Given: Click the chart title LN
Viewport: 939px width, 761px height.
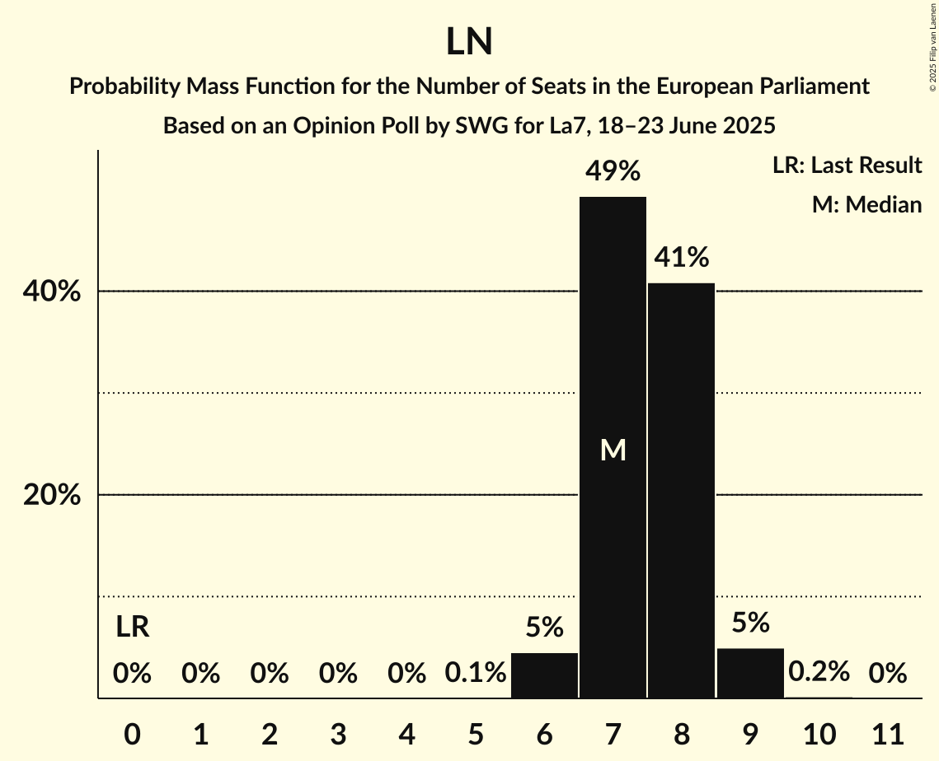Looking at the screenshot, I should pyautogui.click(x=469, y=42).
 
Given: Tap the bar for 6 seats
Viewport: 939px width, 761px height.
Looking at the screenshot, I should pyautogui.click(x=544, y=675).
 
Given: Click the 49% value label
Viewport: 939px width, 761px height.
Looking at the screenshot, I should pyautogui.click(x=613, y=171).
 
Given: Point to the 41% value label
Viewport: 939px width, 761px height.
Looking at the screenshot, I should pyautogui.click(x=681, y=258).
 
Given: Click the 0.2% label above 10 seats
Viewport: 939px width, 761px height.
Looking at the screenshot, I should pyautogui.click(x=819, y=672).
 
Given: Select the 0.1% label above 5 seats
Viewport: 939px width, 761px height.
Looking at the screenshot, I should pyautogui.click(x=476, y=674).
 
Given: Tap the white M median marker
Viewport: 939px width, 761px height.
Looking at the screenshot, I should pyautogui.click(x=613, y=450).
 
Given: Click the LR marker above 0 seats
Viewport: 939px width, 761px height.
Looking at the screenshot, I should pyautogui.click(x=132, y=628).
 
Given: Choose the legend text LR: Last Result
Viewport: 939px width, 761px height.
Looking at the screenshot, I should pyautogui.click(x=847, y=166).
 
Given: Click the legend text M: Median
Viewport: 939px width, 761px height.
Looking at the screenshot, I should pyautogui.click(x=866, y=204).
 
